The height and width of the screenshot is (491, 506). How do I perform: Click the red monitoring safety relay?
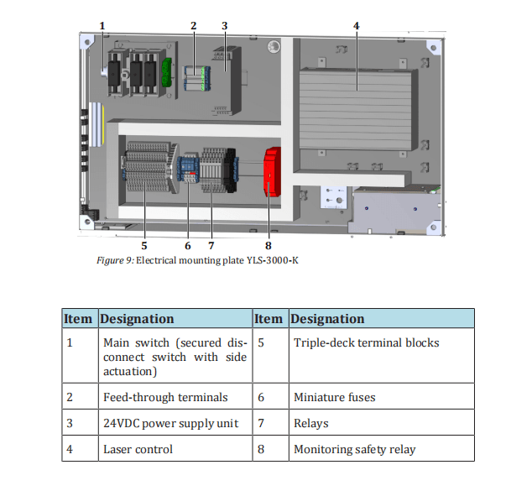click(x=272, y=172)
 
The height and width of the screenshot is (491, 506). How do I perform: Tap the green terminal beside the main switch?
click(x=166, y=72)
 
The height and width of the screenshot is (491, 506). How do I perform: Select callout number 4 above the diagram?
click(x=357, y=26)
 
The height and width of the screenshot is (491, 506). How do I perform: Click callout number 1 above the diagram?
click(x=102, y=26)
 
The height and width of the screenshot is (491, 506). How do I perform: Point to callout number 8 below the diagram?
click(x=269, y=246)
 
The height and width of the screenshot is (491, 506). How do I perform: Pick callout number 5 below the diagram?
click(x=144, y=246)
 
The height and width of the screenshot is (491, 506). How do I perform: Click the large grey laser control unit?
click(x=357, y=110)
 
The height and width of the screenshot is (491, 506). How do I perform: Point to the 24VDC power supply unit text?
click(x=170, y=423)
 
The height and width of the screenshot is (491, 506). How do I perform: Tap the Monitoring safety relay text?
click(x=355, y=449)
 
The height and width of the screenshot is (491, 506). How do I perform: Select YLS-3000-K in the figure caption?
click(x=273, y=260)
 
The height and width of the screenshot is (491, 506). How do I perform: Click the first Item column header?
click(x=78, y=319)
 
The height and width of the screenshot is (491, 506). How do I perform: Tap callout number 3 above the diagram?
click(x=225, y=26)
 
